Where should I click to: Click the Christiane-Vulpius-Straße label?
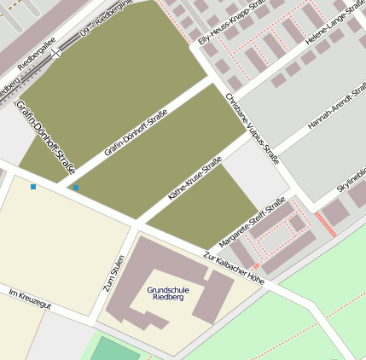coord(252,127)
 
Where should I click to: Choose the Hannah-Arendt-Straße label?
coord(335,112)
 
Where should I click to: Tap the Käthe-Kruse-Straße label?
coord(195,178)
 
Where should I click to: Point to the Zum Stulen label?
coord(114,274)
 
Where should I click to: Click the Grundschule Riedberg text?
coord(168,294)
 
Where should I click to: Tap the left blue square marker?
coord(33,186)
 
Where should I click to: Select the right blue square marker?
coord(76,188)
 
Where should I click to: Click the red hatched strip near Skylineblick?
coord(327,225)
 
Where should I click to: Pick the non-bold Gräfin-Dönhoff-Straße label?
coord(136,135)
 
